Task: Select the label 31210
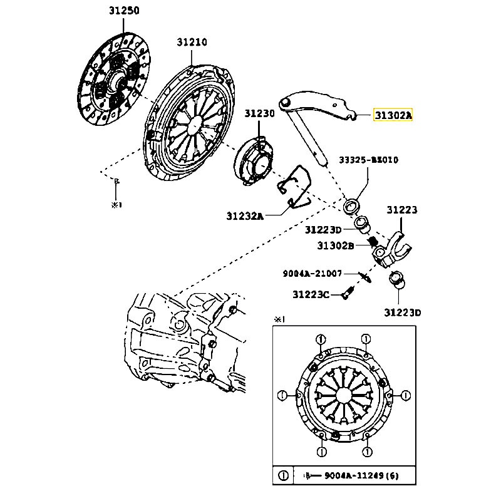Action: tap(192, 42)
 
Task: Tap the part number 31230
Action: tap(259, 113)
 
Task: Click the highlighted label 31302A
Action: tap(393, 115)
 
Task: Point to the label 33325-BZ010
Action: tap(369, 160)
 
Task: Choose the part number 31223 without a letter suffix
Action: tap(401, 210)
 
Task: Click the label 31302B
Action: tap(335, 245)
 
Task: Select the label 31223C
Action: tap(311, 294)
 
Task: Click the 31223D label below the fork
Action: tap(401, 312)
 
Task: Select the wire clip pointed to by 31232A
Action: tap(296, 186)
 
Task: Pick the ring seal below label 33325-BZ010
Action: tap(354, 205)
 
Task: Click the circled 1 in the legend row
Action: tap(283, 476)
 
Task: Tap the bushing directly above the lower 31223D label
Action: tap(396, 281)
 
